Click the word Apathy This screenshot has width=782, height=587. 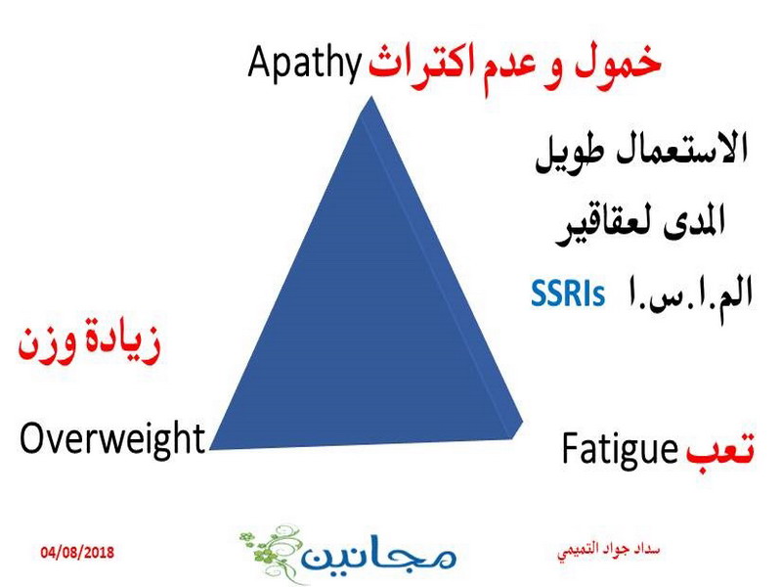point(305,64)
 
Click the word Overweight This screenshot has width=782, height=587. point(112,438)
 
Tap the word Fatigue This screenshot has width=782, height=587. point(620,450)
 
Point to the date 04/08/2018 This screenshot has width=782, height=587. point(77,553)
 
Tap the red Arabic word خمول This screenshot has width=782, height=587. point(619,64)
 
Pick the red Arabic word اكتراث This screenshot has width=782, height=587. point(422,67)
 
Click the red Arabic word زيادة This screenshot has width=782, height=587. point(116,340)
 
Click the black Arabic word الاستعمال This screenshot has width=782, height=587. point(683,149)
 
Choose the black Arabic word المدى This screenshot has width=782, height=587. point(694,221)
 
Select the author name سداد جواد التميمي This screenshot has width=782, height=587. point(608,551)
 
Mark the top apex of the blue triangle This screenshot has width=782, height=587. point(370,96)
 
